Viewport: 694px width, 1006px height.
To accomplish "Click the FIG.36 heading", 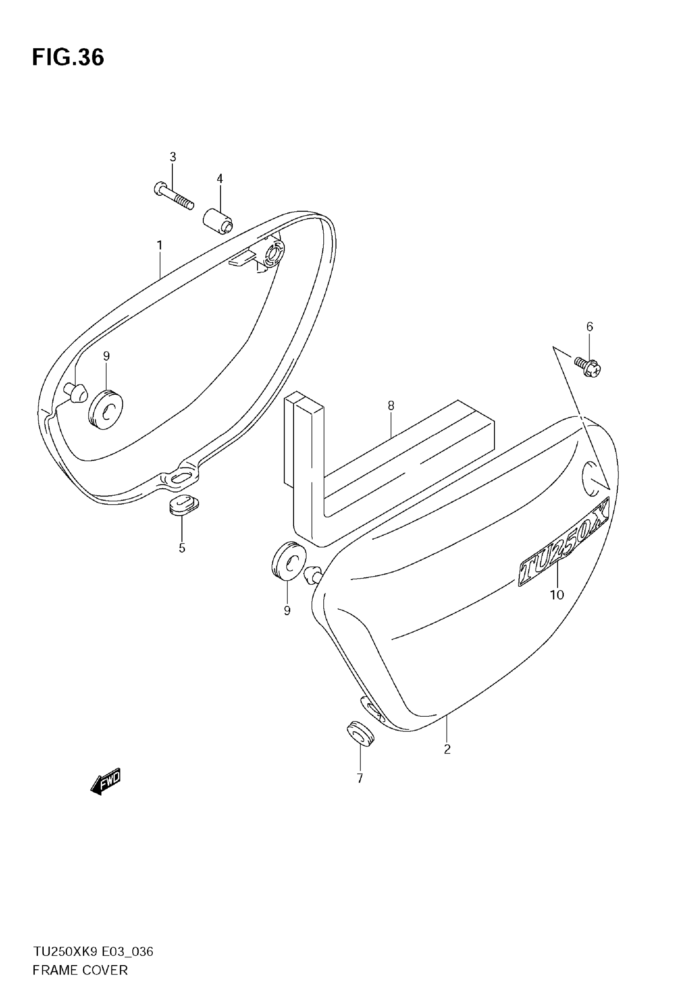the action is (68, 58).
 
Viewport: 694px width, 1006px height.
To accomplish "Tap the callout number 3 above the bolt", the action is (173, 156).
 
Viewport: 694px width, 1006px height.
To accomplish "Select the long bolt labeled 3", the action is (173, 196).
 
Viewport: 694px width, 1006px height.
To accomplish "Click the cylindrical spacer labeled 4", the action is (218, 221).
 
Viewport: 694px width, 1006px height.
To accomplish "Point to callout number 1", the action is (160, 246).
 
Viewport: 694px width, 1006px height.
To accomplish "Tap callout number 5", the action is (182, 548).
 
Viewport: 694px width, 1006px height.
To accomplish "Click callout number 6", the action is (589, 326).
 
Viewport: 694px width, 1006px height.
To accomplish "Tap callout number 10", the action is (557, 595).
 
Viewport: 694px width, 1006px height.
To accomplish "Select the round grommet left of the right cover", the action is (289, 561).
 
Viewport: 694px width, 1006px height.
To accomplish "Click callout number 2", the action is (447, 749).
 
